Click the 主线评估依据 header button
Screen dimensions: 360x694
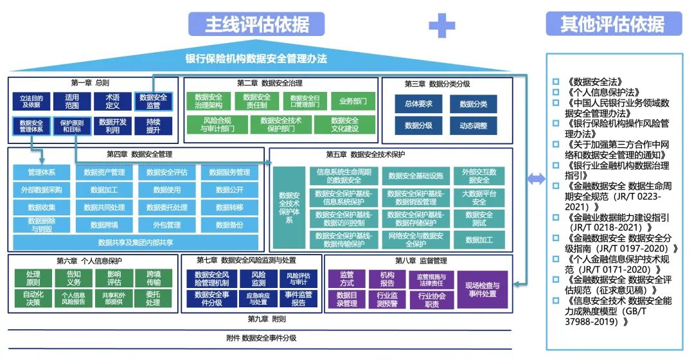(x=257, y=24)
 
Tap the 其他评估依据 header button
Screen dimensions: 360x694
(x=612, y=24)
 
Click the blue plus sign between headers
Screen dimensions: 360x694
(x=441, y=25)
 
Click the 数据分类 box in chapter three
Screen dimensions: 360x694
(x=473, y=104)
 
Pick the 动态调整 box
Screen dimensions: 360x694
(x=473, y=125)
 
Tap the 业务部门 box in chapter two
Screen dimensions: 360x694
(x=353, y=101)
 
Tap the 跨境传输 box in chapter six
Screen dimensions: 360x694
(x=153, y=278)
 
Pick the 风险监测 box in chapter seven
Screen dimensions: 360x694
(x=258, y=278)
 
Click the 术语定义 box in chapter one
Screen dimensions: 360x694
(x=112, y=101)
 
